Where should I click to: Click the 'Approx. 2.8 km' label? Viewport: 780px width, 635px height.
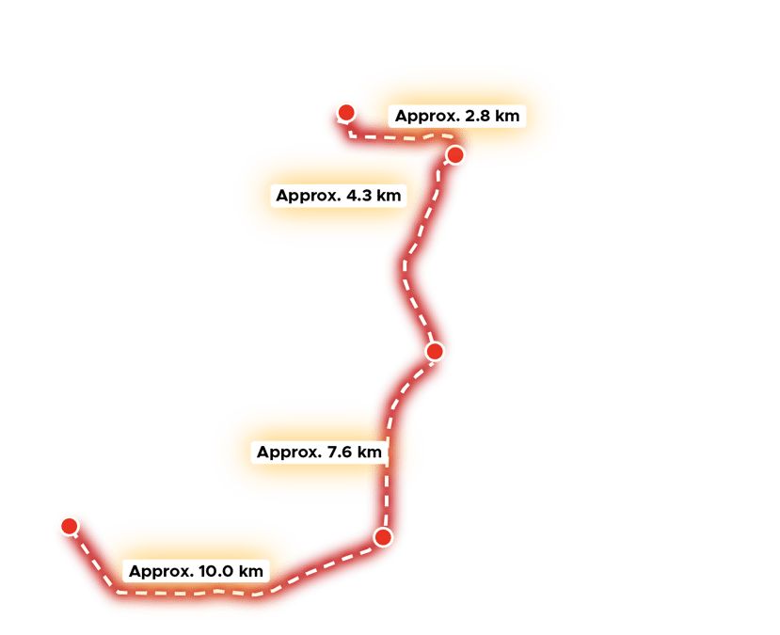click(456, 117)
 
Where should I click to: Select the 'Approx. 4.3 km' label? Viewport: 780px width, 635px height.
click(339, 197)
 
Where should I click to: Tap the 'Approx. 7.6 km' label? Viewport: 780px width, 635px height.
click(319, 452)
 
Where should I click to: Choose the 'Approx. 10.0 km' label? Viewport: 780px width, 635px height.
click(195, 571)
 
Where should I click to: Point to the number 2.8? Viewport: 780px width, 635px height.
click(479, 117)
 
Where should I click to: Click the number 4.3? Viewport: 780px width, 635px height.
click(362, 197)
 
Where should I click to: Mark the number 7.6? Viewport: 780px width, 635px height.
click(342, 452)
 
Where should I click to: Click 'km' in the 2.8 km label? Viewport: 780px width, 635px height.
click(507, 117)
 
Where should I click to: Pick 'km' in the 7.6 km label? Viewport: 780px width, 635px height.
click(370, 452)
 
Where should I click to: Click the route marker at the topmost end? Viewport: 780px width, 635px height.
click(346, 114)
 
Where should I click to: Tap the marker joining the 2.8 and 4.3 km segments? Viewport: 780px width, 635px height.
click(454, 154)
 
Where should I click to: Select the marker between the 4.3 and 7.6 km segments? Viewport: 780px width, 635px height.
click(435, 351)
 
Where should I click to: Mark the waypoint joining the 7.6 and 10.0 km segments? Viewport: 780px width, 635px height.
click(382, 537)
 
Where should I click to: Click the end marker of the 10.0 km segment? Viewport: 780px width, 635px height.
click(69, 526)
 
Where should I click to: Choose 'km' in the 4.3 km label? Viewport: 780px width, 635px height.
click(390, 197)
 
